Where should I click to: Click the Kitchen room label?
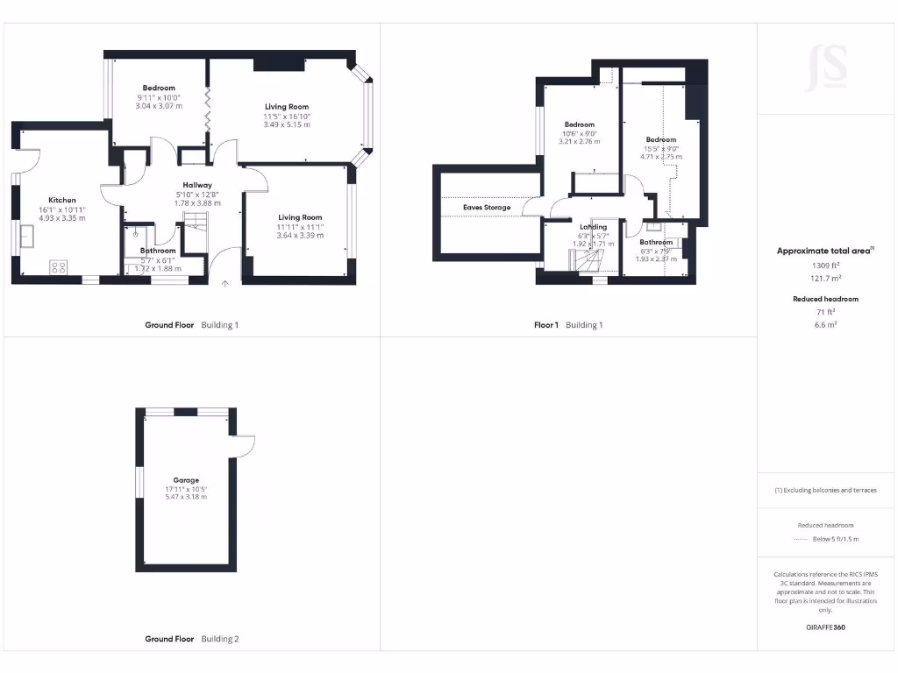click(x=62, y=200)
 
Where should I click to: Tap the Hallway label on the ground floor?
click(x=197, y=185)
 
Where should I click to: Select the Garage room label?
click(x=186, y=480)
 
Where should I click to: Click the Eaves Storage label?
click(x=487, y=208)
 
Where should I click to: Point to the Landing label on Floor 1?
click(x=593, y=227)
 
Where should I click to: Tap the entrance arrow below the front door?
click(x=225, y=284)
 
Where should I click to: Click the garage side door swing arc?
click(x=245, y=445)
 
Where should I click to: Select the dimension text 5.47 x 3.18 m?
click(x=186, y=498)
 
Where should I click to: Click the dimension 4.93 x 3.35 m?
click(x=62, y=218)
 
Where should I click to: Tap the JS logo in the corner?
click(x=826, y=70)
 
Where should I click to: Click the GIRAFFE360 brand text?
click(x=824, y=627)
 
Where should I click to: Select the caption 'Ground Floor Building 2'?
click(x=191, y=639)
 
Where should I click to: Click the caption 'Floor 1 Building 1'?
click(x=568, y=325)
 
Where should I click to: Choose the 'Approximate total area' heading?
click(x=823, y=251)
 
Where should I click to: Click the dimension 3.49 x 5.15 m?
click(x=287, y=124)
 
